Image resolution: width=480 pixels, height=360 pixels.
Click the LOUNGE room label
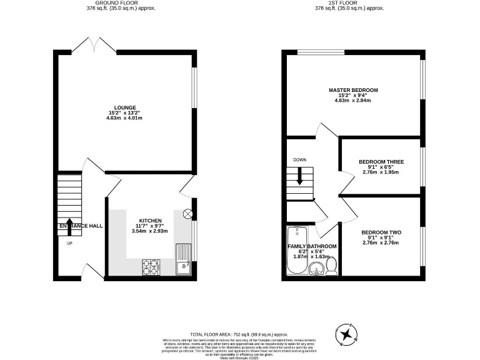click(121, 107)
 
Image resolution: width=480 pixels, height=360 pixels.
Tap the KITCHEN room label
click(150, 221)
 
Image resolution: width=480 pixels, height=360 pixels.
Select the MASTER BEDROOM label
click(353, 90)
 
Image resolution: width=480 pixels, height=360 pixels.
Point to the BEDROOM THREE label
click(381, 162)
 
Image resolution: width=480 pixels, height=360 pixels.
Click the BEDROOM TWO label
click(381, 233)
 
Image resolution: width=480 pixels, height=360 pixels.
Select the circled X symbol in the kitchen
click(187, 214)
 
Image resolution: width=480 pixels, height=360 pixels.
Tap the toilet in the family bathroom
click(331, 267)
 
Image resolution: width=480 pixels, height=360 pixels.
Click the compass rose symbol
click(345, 335)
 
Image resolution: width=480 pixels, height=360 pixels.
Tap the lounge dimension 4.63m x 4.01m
click(121, 117)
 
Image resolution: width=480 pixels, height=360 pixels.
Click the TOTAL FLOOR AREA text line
click(239, 335)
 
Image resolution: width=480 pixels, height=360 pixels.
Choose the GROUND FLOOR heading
click(121, 3)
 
